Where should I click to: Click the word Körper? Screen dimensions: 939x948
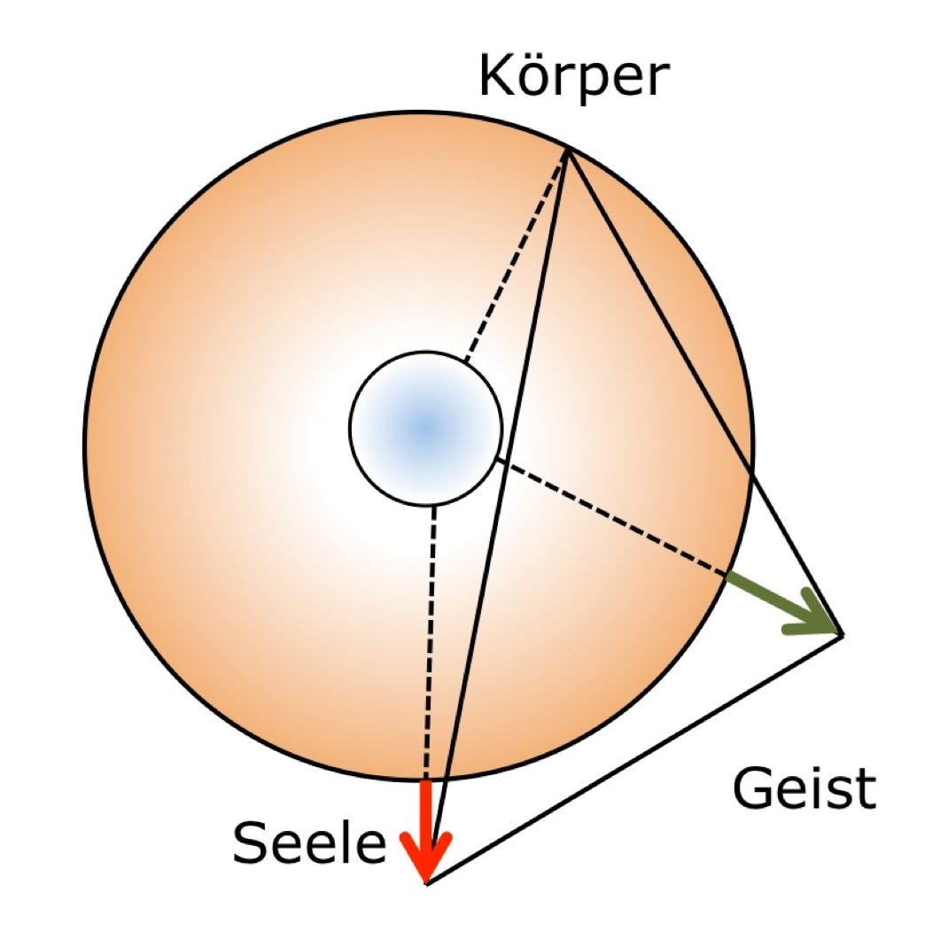tap(571, 77)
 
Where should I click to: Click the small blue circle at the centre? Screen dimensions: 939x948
tap(426, 429)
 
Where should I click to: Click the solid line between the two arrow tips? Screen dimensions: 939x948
tap(633, 758)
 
